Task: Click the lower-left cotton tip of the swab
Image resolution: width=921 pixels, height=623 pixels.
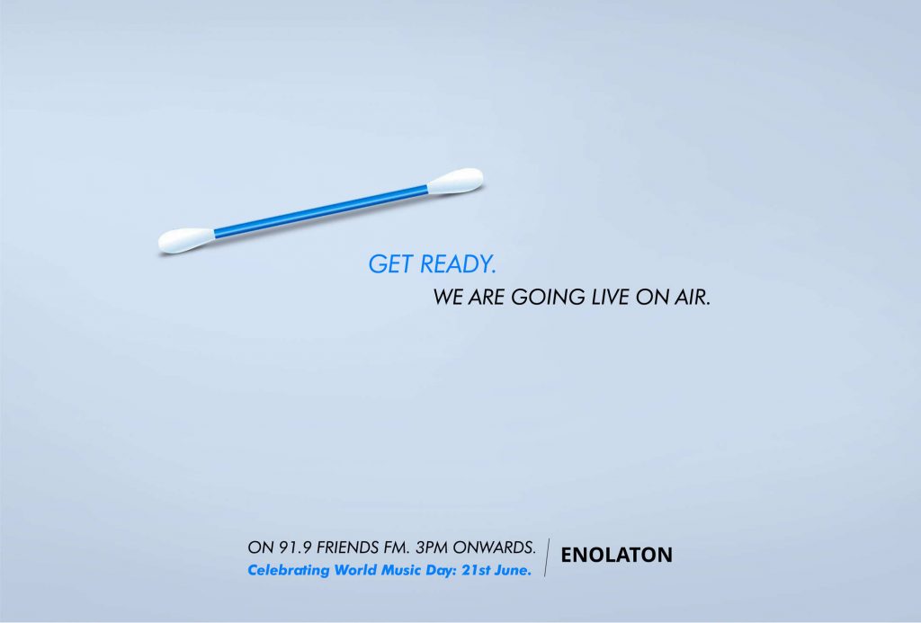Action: [x=185, y=240]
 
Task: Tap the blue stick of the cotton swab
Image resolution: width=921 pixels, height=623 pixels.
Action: [x=321, y=210]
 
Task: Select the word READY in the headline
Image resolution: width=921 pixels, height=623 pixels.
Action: [x=458, y=264]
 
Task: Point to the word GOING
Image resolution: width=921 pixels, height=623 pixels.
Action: [x=548, y=297]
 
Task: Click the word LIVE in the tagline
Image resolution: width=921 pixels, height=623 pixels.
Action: [x=611, y=297]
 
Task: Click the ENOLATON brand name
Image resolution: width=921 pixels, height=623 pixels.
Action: [x=616, y=555]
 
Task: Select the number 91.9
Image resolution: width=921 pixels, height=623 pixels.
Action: [x=295, y=547]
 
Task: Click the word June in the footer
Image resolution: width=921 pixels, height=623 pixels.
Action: [x=512, y=570]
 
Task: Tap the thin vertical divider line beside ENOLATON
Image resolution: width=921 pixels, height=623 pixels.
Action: [x=548, y=557]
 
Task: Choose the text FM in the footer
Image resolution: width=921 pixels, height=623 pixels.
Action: [x=397, y=547]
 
